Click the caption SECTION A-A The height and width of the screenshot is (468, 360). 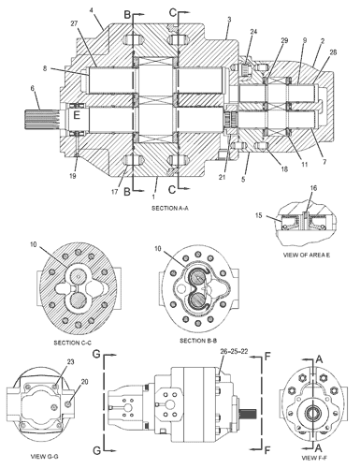click(170, 208)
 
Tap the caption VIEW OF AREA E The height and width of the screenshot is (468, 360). click(306, 255)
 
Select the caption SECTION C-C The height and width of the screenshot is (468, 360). click(73, 343)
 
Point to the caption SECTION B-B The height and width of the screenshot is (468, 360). click(198, 341)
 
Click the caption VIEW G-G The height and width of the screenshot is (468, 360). click(44, 457)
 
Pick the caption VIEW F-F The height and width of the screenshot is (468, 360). click(314, 458)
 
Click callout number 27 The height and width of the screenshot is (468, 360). click(74, 23)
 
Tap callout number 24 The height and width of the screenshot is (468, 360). click(253, 32)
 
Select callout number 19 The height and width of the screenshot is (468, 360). click(73, 176)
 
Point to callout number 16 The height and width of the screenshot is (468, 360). click(313, 188)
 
